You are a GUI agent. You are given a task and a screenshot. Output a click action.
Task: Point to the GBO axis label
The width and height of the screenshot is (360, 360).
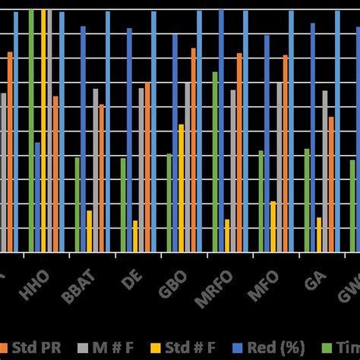[172, 289]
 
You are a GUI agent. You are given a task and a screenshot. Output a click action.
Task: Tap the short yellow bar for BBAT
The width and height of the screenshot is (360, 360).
[90, 231]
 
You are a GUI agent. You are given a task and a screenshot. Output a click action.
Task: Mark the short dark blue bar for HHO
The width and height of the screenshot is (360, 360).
[37, 197]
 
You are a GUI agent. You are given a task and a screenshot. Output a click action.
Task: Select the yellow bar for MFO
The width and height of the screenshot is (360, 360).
[273, 226]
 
